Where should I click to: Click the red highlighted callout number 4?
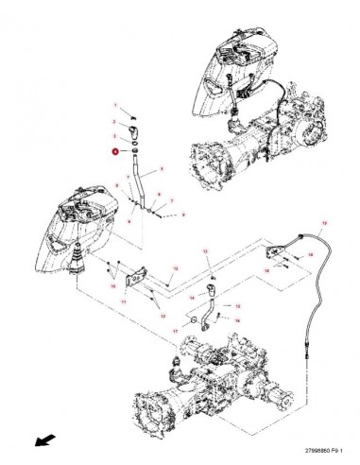coord(115,149)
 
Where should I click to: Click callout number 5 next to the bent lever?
coord(162,170)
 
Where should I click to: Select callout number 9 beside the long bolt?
coord(182,215)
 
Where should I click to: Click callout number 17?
coord(176,332)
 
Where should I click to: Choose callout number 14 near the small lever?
coord(266,269)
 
